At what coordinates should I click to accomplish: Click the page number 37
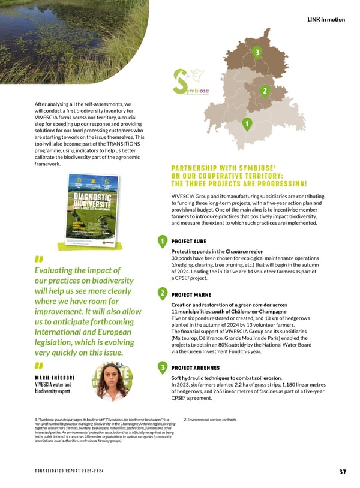[342, 471]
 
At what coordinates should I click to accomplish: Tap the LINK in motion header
[326, 19]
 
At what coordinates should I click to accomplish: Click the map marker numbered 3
[257, 53]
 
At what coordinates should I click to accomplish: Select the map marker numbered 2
[264, 90]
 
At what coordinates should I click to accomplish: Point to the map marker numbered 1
[247, 124]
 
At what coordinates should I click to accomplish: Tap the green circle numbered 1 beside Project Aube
[162, 242]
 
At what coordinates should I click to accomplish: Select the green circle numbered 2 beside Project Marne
[162, 293]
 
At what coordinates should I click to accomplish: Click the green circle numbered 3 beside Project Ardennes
[162, 366]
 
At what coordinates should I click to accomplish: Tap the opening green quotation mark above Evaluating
[40, 259]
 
